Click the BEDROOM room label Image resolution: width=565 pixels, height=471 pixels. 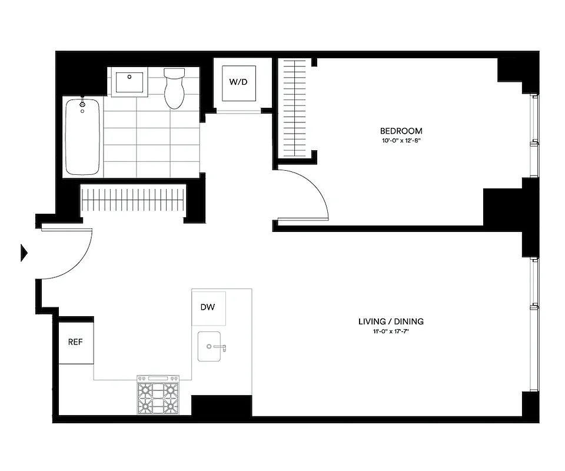click(x=401, y=131)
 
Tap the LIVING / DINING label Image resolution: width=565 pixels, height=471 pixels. click(x=391, y=321)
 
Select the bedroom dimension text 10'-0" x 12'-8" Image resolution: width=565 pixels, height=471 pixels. click(x=401, y=140)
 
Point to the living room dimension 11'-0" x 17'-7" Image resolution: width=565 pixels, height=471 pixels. click(x=391, y=331)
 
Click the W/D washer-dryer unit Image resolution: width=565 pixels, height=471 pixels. click(x=238, y=82)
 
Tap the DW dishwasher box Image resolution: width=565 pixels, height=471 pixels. click(x=208, y=307)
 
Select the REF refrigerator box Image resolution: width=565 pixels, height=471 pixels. click(x=75, y=342)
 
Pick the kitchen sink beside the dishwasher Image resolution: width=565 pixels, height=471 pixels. click(x=210, y=346)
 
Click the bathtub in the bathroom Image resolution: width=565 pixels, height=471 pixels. click(x=82, y=137)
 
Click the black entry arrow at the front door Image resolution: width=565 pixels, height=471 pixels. click(x=24, y=253)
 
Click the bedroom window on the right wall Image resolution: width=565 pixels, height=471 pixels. click(x=534, y=135)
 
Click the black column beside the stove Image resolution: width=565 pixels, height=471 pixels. click(x=221, y=406)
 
